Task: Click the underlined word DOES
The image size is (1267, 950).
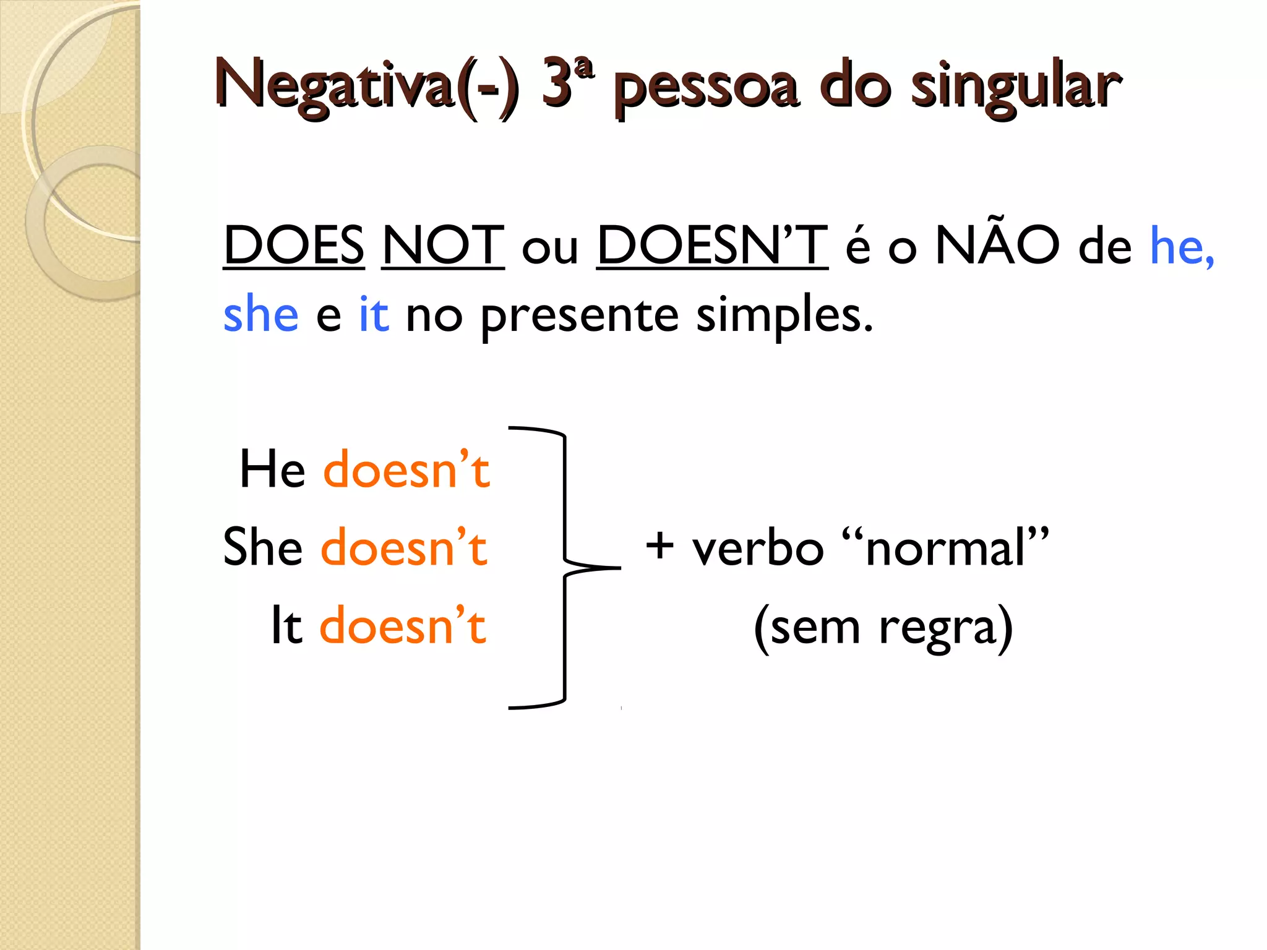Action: pos(294,246)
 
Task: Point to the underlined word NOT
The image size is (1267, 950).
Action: pos(443,246)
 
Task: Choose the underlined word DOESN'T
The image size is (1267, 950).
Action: pos(712,246)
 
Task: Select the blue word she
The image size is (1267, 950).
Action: pos(260,314)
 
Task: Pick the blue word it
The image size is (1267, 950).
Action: pos(374,314)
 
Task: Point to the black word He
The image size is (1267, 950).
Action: pos(272,469)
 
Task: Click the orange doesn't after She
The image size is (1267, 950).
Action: pos(404,547)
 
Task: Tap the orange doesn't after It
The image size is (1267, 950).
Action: pos(403,626)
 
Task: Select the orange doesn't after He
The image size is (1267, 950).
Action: pos(406,469)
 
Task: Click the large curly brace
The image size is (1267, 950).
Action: pos(565,567)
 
